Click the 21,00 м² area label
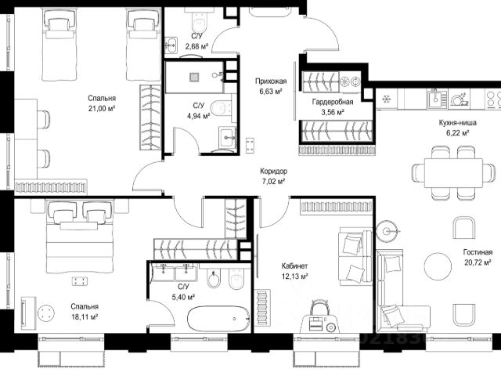point(102,109)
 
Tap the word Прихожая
point(271,81)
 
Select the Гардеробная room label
point(333,102)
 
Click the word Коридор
point(273,172)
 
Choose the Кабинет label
point(294,266)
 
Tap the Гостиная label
point(478,252)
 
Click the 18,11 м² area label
point(85,317)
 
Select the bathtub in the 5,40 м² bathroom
point(220,319)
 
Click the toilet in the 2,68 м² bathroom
point(200,20)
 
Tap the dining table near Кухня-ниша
point(453,173)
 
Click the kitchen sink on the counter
point(437,98)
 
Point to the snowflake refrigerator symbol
point(387,99)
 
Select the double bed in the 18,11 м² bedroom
point(79,237)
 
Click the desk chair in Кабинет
point(319,308)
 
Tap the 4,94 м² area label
point(198,116)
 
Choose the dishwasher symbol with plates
point(460,99)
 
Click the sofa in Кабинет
point(355,256)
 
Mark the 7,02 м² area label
point(273,182)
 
